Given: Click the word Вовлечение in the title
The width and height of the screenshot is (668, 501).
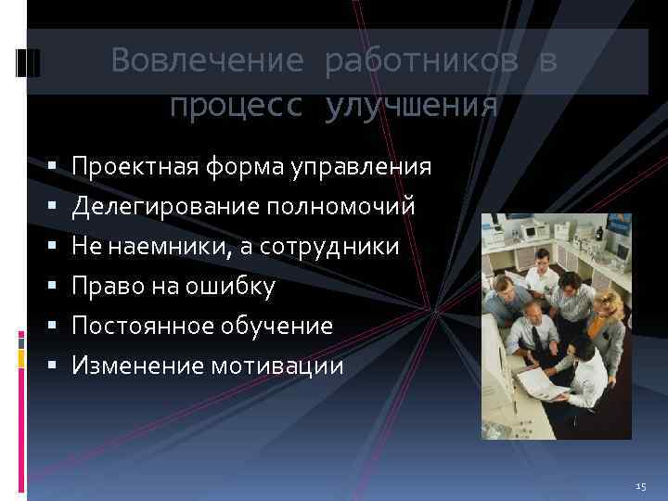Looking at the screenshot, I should click(x=206, y=61).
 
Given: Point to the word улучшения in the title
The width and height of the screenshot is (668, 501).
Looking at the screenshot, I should click(x=411, y=106).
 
